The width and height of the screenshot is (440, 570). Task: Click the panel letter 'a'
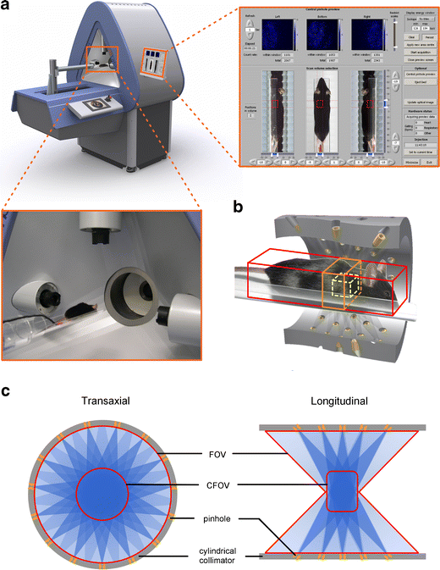click(8, 8)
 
